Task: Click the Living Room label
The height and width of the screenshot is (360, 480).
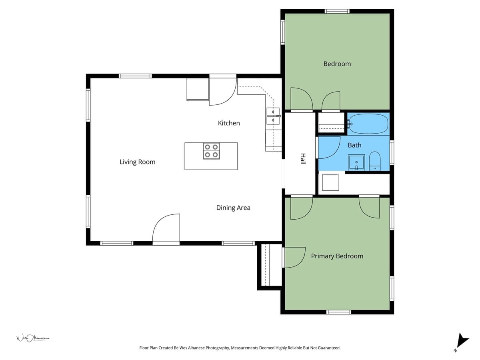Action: coord(137,162)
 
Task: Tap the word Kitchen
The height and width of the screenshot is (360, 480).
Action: coord(229,123)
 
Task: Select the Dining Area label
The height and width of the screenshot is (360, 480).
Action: coord(233,208)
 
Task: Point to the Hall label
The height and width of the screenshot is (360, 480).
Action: coord(303,159)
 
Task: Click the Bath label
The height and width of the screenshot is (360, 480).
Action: coord(354,145)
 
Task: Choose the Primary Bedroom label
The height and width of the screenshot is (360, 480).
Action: coord(337,256)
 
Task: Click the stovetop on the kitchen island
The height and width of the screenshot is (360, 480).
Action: coord(211,151)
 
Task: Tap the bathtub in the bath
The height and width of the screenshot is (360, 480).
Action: coord(368,124)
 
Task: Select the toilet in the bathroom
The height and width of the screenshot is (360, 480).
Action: coord(375,161)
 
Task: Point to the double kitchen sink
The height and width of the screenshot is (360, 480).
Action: coord(273,116)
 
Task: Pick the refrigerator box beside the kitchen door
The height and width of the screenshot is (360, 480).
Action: coord(198,89)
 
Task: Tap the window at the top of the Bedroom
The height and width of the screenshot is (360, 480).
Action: coord(337,11)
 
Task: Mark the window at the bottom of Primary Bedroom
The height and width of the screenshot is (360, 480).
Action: coord(339,312)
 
